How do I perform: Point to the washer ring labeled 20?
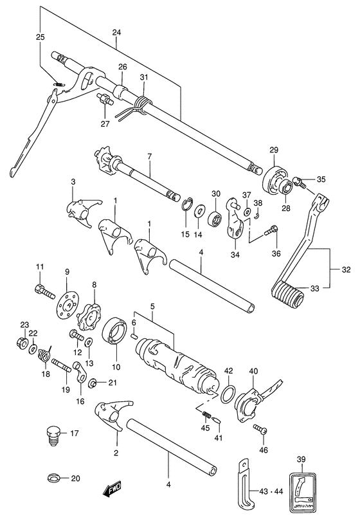tap(56, 478)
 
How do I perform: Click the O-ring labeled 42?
tap(228, 394)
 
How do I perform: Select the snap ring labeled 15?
tap(186, 207)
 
